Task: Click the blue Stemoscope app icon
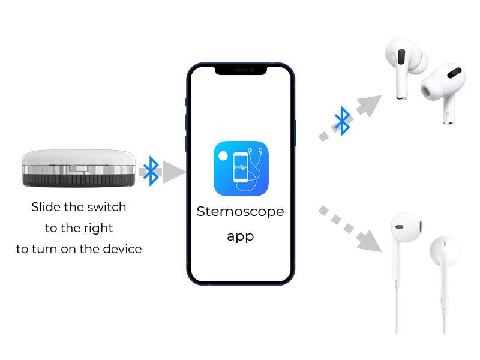pos(241,169)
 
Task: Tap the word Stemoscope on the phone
pos(241,212)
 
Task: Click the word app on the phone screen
pos(241,237)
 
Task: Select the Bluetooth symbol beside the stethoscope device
pos(151,171)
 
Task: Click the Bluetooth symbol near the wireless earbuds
pos(342,121)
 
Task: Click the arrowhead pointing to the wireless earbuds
pos(370,106)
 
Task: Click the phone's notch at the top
pos(241,70)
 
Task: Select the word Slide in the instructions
pos(46,207)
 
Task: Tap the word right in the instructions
pos(98,229)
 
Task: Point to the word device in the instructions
pos(122,249)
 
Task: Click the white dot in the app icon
pos(223,156)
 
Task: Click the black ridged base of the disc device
pos(79,181)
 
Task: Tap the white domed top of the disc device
pos(79,157)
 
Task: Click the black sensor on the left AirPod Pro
pos(401,56)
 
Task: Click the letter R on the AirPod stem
pos(447,114)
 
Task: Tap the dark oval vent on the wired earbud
pos(400,227)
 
